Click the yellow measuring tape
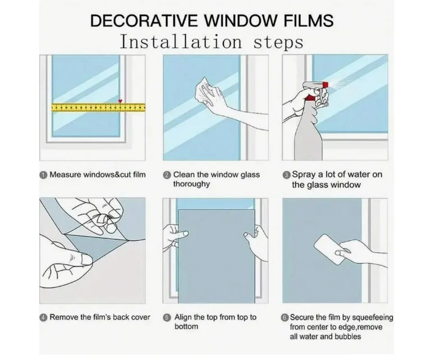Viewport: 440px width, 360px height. pos(99,107)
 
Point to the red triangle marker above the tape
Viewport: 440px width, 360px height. pos(120,101)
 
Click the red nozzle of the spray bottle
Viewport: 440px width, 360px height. pos(326,84)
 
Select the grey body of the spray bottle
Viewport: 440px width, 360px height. pos(309,135)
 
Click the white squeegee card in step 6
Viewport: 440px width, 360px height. pos(331,249)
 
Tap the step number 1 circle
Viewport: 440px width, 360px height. pos(43,175)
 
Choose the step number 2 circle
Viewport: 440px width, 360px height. pos(167,175)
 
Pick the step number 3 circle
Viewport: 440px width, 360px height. pos(286,175)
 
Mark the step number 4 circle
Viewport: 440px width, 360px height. pos(43,318)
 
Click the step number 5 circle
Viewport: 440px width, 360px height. pos(167,318)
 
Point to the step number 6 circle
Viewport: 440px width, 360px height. pos(285,318)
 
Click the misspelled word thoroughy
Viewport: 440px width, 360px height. pos(191,184)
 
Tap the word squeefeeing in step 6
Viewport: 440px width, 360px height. pos(373,318)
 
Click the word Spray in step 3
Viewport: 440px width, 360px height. pos(304,175)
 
